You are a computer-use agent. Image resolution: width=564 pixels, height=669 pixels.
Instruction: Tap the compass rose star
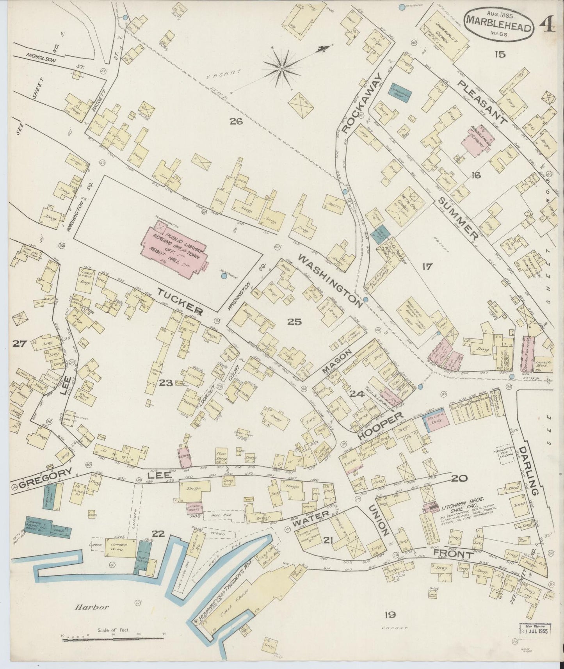(281, 69)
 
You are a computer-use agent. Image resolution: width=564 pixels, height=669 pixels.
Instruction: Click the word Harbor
(92, 607)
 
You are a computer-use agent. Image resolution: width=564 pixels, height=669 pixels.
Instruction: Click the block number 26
(236, 121)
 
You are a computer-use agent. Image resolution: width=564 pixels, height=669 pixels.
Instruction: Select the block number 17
(427, 267)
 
